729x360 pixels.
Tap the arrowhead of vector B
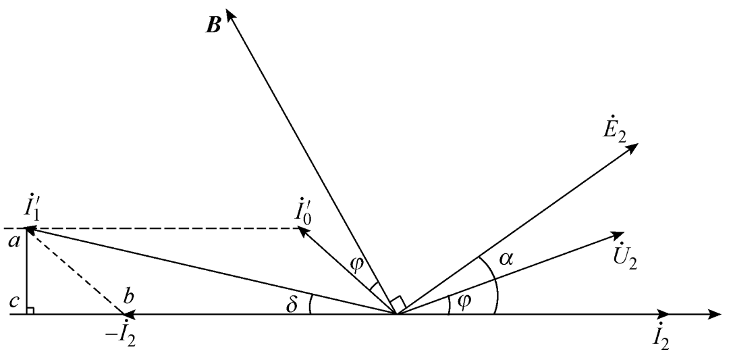[x=230, y=14]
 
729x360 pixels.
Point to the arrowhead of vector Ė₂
[x=632, y=147]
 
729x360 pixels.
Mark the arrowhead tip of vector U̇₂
[x=624, y=233]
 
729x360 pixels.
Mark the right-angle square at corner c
[x=30, y=310]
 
